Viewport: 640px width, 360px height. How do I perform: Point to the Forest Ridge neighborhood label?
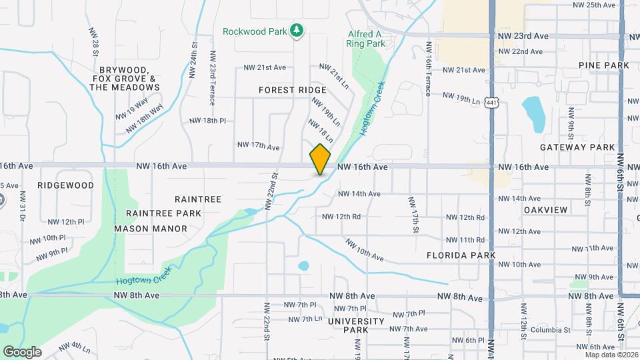[x=293, y=90]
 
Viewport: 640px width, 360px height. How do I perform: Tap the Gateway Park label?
[x=577, y=147]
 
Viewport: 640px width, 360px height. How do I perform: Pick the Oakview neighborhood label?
[x=545, y=210]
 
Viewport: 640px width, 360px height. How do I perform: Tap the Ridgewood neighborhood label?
[x=66, y=185]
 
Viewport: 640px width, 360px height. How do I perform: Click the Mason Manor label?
[x=150, y=228]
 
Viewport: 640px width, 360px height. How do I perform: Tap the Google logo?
[x=21, y=351]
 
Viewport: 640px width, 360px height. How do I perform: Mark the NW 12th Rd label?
[x=341, y=217]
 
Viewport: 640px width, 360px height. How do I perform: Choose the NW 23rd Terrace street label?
[x=212, y=79]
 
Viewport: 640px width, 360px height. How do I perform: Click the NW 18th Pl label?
[x=208, y=121]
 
